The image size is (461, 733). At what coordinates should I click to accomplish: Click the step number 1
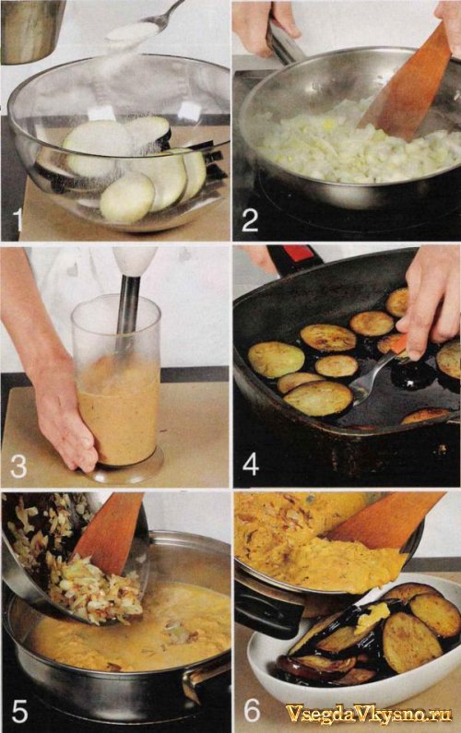click(x=18, y=221)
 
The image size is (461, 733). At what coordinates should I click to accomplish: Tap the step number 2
click(x=250, y=219)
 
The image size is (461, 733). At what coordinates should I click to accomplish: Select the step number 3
click(x=18, y=466)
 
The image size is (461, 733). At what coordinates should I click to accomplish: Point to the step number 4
click(x=251, y=464)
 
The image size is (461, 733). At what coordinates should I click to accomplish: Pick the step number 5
click(x=19, y=711)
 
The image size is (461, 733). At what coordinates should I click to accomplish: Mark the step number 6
click(x=252, y=711)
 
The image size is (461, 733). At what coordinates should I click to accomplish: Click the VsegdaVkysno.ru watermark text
click(x=369, y=714)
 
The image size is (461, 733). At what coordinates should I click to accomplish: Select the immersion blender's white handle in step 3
click(x=135, y=262)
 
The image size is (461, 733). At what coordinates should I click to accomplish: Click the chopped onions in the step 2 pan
click(x=355, y=145)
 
